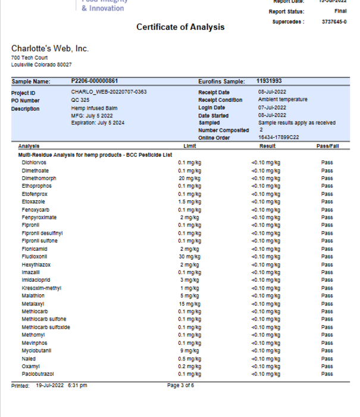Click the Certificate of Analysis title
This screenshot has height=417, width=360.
180,27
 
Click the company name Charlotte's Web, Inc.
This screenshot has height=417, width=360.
50,48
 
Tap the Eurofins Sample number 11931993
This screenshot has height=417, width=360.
269,81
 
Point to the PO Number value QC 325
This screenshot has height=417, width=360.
80,100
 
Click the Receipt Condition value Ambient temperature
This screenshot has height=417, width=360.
283,100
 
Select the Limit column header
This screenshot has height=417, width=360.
190,146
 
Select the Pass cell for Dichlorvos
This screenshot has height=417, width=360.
327,163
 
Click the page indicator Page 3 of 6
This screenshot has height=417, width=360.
180,386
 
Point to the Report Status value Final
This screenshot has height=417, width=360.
340,11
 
